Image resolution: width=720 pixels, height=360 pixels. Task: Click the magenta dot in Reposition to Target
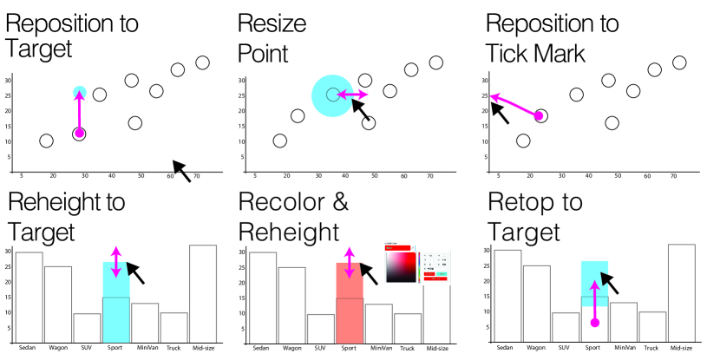(79, 133)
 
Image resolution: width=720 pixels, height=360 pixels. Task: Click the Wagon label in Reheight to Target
(58, 346)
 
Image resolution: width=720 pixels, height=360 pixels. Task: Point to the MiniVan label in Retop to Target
(625, 346)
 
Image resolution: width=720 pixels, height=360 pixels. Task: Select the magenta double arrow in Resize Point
(352, 94)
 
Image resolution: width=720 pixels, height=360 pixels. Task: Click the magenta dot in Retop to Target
(594, 323)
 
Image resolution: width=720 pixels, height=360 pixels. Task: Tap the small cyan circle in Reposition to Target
(79, 92)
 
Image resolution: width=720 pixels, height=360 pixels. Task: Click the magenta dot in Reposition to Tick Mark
(539, 115)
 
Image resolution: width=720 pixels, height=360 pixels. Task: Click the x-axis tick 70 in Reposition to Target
(197, 175)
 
